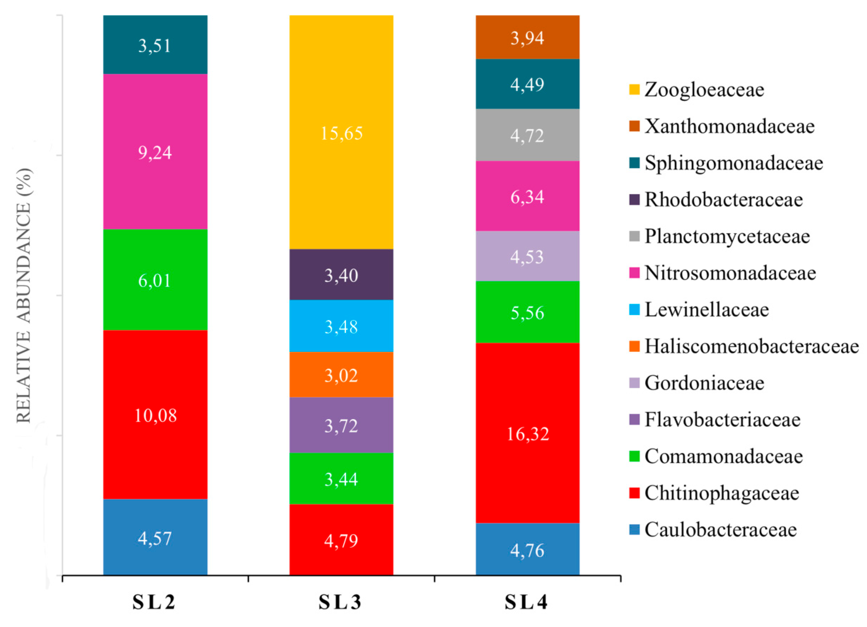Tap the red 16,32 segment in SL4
[527, 433]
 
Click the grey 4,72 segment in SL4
[527, 135]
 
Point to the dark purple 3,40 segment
[341, 275]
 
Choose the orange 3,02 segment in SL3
[341, 375]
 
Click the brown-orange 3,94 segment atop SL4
[527, 37]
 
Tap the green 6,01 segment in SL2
[155, 280]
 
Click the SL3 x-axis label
[340, 603]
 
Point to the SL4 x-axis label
[526, 603]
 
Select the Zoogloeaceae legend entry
[703, 90]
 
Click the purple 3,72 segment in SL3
[341, 425]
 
